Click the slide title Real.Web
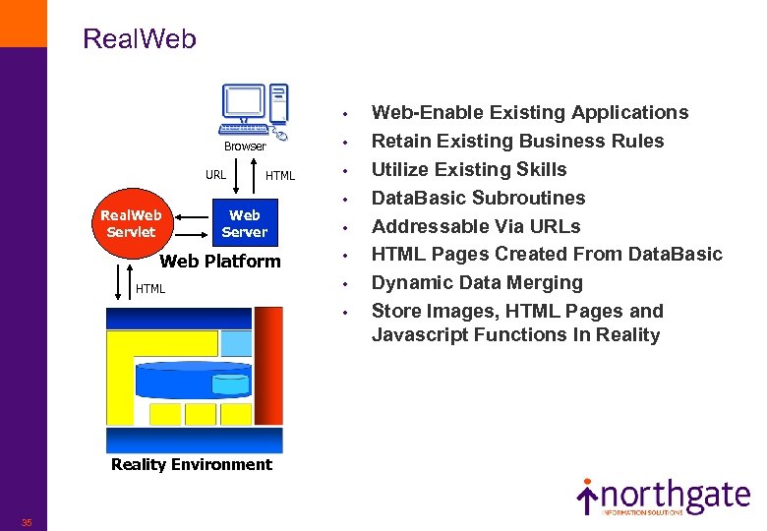(140, 39)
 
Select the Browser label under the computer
(245, 147)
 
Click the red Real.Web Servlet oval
(132, 223)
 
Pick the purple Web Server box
(245, 223)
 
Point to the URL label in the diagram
(215, 175)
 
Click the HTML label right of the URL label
(280, 176)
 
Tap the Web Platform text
(220, 261)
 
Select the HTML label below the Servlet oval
(150, 289)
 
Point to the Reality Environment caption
(192, 464)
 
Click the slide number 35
(27, 522)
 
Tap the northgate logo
(663, 498)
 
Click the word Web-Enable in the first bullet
(420, 113)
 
